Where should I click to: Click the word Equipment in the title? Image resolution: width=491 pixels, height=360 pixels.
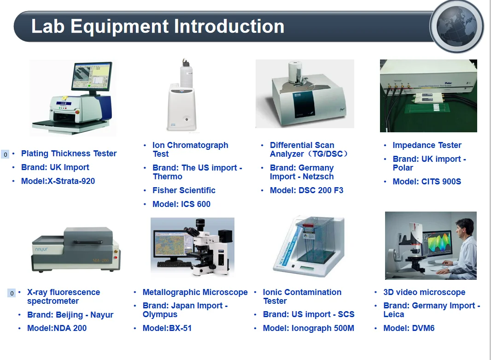119,27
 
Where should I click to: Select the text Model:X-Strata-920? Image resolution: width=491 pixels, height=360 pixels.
58,181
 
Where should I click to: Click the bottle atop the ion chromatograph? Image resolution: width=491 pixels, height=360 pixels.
186,73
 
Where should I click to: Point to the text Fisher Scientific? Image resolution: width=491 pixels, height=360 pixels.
184,190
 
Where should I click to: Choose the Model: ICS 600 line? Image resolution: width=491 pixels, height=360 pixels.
181,204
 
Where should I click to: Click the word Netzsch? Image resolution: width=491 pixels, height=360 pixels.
318,177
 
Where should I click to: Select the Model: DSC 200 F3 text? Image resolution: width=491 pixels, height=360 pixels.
307,190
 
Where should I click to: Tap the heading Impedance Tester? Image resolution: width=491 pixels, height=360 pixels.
427,145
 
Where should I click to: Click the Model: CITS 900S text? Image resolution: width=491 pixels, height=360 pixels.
427,182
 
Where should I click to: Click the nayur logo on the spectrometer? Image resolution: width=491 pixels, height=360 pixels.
41,250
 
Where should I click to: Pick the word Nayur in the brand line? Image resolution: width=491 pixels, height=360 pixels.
102,315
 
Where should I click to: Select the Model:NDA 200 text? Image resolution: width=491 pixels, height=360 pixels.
57,328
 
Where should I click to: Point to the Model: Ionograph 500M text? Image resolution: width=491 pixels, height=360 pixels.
309,328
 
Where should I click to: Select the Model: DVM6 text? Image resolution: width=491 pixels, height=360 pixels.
409,328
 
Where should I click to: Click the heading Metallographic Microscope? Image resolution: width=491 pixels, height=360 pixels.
195,292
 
